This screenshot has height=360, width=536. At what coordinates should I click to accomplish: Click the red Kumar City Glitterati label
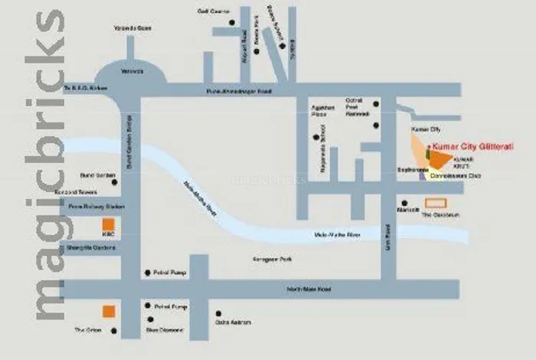[472, 145]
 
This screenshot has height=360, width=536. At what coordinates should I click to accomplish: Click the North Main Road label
[309, 289]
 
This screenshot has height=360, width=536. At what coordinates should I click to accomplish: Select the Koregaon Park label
[272, 260]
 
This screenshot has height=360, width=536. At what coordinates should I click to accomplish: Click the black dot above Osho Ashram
[219, 313]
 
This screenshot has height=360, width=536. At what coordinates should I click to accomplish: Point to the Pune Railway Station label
[96, 206]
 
